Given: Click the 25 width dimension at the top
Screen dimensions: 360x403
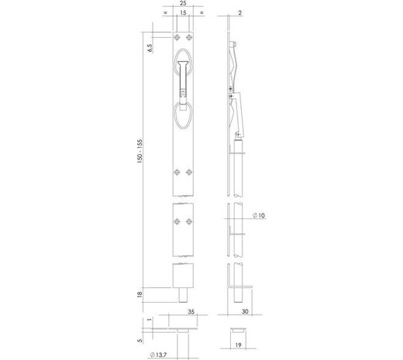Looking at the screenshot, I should click(x=182, y=5).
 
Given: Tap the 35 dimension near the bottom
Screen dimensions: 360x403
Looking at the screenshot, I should click(x=188, y=314).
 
